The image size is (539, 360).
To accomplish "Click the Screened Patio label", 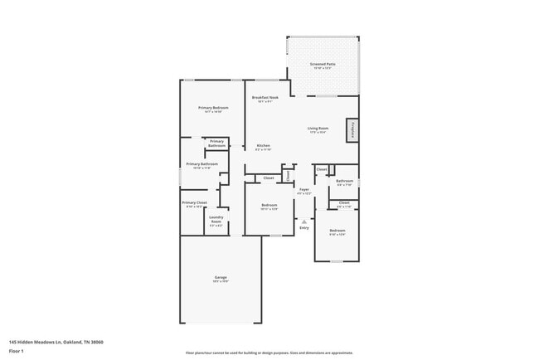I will (323, 66).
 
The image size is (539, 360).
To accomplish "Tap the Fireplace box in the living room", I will (352, 130).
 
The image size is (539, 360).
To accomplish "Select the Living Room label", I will (318, 129).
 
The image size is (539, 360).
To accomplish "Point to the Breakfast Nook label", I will (266, 99).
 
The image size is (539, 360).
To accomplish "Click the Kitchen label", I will (264, 148).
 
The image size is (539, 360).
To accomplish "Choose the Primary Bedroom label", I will (213, 109).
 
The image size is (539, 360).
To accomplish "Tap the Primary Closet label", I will (195, 204).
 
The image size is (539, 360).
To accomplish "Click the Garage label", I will (221, 279).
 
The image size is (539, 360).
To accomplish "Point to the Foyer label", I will (304, 191).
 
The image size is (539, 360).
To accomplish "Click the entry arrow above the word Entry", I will (304, 221).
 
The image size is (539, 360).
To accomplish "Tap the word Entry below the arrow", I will (304, 228).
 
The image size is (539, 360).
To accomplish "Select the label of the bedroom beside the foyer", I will (269, 207).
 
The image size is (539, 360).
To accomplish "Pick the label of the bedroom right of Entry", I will (337, 231).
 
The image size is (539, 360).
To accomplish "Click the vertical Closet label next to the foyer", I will (287, 175).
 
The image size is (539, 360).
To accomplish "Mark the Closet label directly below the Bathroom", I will (344, 202).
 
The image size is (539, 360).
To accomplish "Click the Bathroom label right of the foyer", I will (345, 182).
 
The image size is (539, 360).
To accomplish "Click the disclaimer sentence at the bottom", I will (269, 353).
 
